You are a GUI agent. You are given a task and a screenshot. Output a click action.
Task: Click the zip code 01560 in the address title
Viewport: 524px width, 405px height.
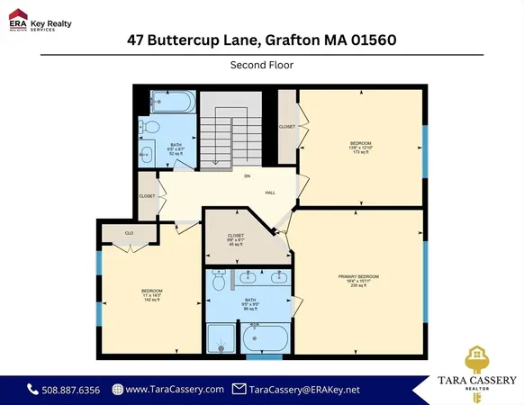(x=370, y=40)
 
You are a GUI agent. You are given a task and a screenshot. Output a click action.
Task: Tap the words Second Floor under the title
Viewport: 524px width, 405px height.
(x=261, y=65)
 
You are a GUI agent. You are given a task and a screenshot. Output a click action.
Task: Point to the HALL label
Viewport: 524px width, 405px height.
(x=269, y=192)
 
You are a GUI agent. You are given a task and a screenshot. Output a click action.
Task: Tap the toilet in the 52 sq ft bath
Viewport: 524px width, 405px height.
(x=150, y=127)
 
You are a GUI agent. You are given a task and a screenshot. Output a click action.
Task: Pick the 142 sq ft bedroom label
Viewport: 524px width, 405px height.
(x=151, y=295)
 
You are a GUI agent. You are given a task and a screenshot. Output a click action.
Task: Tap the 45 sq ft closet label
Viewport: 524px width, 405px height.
(x=236, y=240)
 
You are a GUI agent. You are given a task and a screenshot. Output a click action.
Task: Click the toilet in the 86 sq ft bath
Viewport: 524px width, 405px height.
(x=219, y=282)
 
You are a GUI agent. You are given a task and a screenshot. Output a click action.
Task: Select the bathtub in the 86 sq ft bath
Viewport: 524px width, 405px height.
(x=266, y=341)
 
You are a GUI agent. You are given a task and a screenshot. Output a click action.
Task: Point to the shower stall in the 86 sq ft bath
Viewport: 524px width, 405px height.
(x=221, y=339)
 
